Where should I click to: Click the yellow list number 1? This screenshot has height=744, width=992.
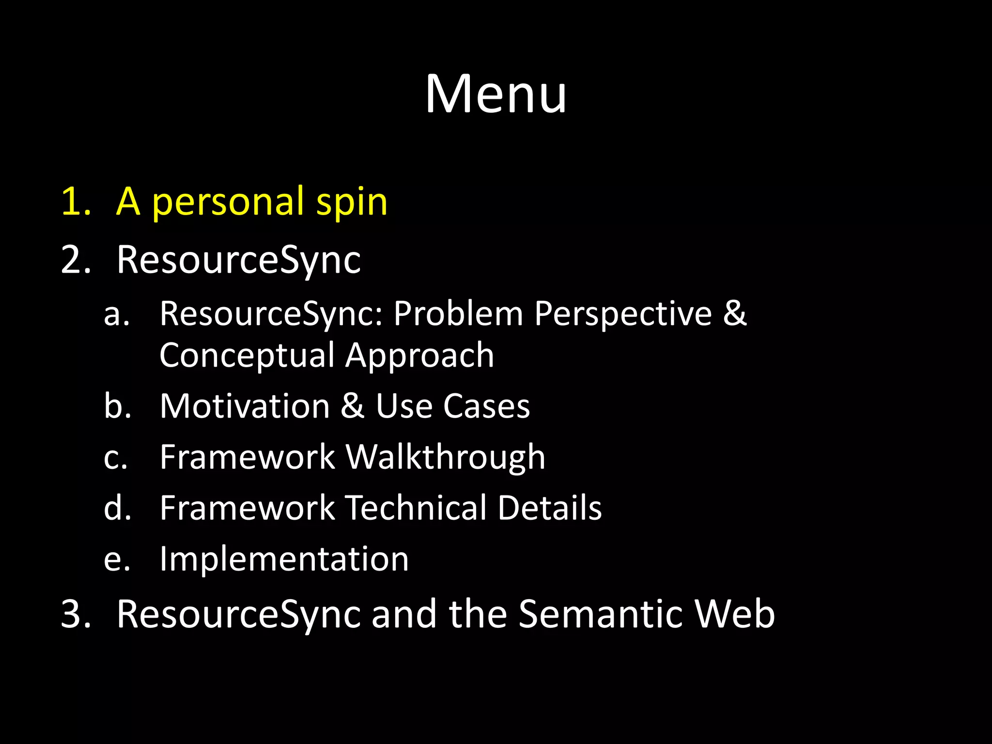[75, 201]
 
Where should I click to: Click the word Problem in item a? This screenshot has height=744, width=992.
[458, 313]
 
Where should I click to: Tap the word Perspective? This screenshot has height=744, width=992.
[623, 313]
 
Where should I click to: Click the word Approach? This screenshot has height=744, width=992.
[419, 356]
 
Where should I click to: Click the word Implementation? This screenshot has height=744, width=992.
[284, 559]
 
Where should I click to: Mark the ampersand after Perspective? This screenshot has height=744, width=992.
[735, 313]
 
